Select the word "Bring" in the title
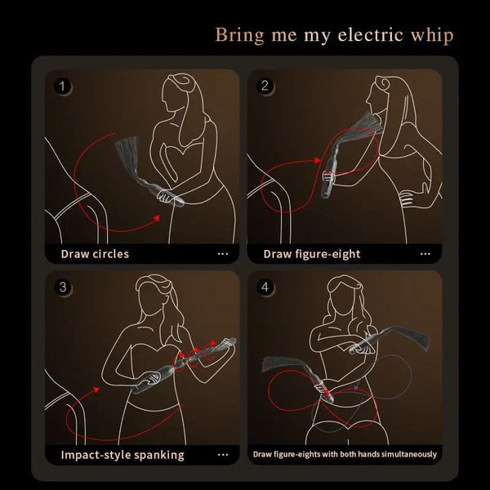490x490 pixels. pyautogui.click(x=237, y=35)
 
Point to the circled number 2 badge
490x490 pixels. pyautogui.click(x=265, y=85)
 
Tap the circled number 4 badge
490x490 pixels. pyautogui.click(x=265, y=287)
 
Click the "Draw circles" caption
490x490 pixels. pyautogui.click(x=95, y=253)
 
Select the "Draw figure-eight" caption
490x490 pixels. pyautogui.click(x=311, y=253)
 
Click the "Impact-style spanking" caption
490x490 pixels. pyautogui.click(x=122, y=455)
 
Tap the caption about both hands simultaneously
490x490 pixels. pyautogui.click(x=345, y=454)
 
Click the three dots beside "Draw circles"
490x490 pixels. pyautogui.click(x=223, y=253)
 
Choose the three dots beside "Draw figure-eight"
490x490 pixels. pyautogui.click(x=425, y=253)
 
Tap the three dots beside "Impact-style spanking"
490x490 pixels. pyautogui.click(x=223, y=455)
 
